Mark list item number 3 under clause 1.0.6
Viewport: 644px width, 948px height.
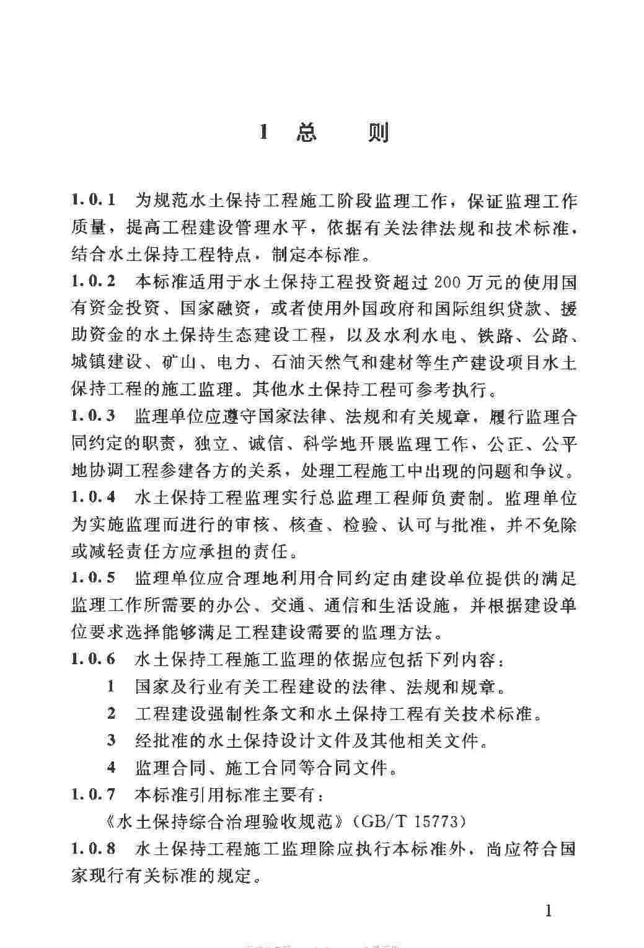pos(111,740)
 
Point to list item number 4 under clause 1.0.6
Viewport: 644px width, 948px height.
pos(111,768)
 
